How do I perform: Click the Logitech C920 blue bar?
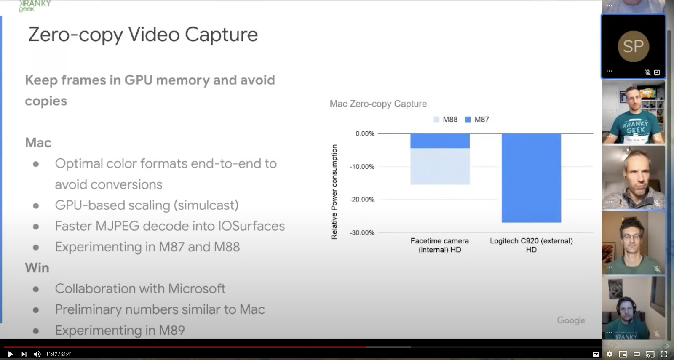(x=531, y=178)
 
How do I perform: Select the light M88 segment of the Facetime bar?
(x=440, y=166)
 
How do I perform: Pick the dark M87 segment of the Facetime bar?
(x=440, y=141)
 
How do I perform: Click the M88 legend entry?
(x=446, y=120)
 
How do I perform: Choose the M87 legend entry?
(x=477, y=120)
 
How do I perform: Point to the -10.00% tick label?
(x=362, y=167)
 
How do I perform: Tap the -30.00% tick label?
(x=362, y=233)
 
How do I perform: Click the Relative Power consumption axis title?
(x=334, y=192)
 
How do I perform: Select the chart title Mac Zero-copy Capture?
(x=378, y=104)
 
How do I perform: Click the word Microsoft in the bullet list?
(x=196, y=288)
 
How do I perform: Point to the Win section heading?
(x=37, y=268)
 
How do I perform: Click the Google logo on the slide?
(x=571, y=320)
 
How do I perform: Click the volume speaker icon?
(x=37, y=354)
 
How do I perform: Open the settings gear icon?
(x=609, y=354)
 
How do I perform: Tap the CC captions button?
(x=596, y=354)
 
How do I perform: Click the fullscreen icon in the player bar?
(x=664, y=354)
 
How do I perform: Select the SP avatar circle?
(x=634, y=46)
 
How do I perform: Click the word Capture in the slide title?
(x=221, y=35)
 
